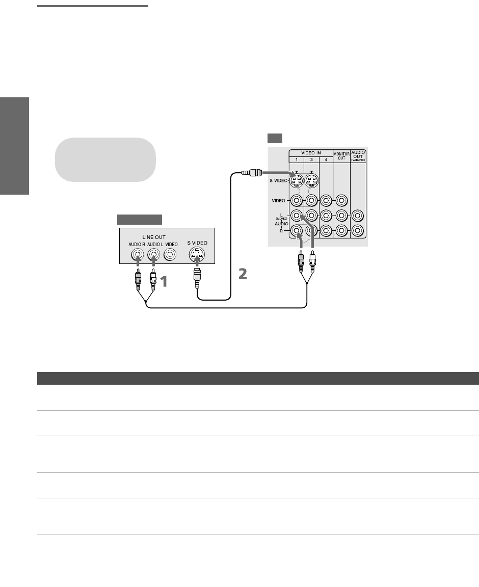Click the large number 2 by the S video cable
pos(243,274)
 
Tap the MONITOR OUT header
pos(341,155)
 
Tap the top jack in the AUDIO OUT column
pos(359,216)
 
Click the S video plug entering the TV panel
pos(251,173)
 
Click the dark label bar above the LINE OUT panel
pos(140,220)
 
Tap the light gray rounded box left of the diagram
pos(105,159)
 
